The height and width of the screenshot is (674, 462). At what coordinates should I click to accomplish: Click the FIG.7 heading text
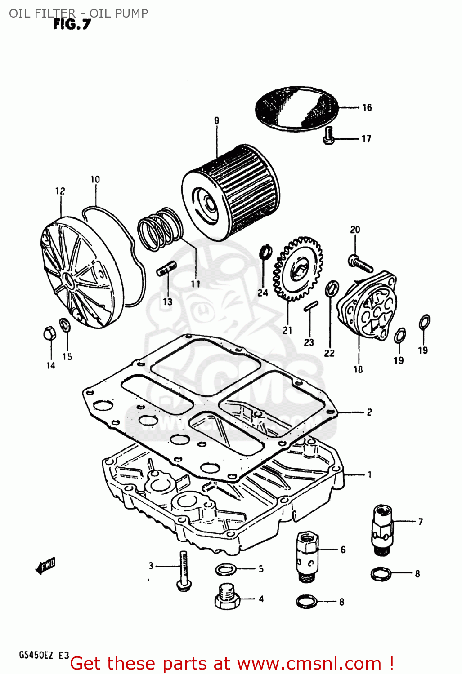pos(72,24)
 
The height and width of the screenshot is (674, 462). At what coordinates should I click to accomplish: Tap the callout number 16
pos(367,107)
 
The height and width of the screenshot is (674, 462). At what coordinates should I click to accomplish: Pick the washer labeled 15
pos(65,324)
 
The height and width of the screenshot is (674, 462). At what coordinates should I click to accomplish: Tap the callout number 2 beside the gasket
pos(369,412)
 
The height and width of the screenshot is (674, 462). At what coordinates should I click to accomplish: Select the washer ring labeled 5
pos(226,570)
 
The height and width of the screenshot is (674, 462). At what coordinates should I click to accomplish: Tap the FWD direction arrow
pos(45,566)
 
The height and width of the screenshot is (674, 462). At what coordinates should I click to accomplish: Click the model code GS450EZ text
pos(36,655)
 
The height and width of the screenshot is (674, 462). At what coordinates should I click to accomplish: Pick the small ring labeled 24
pos(266,252)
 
